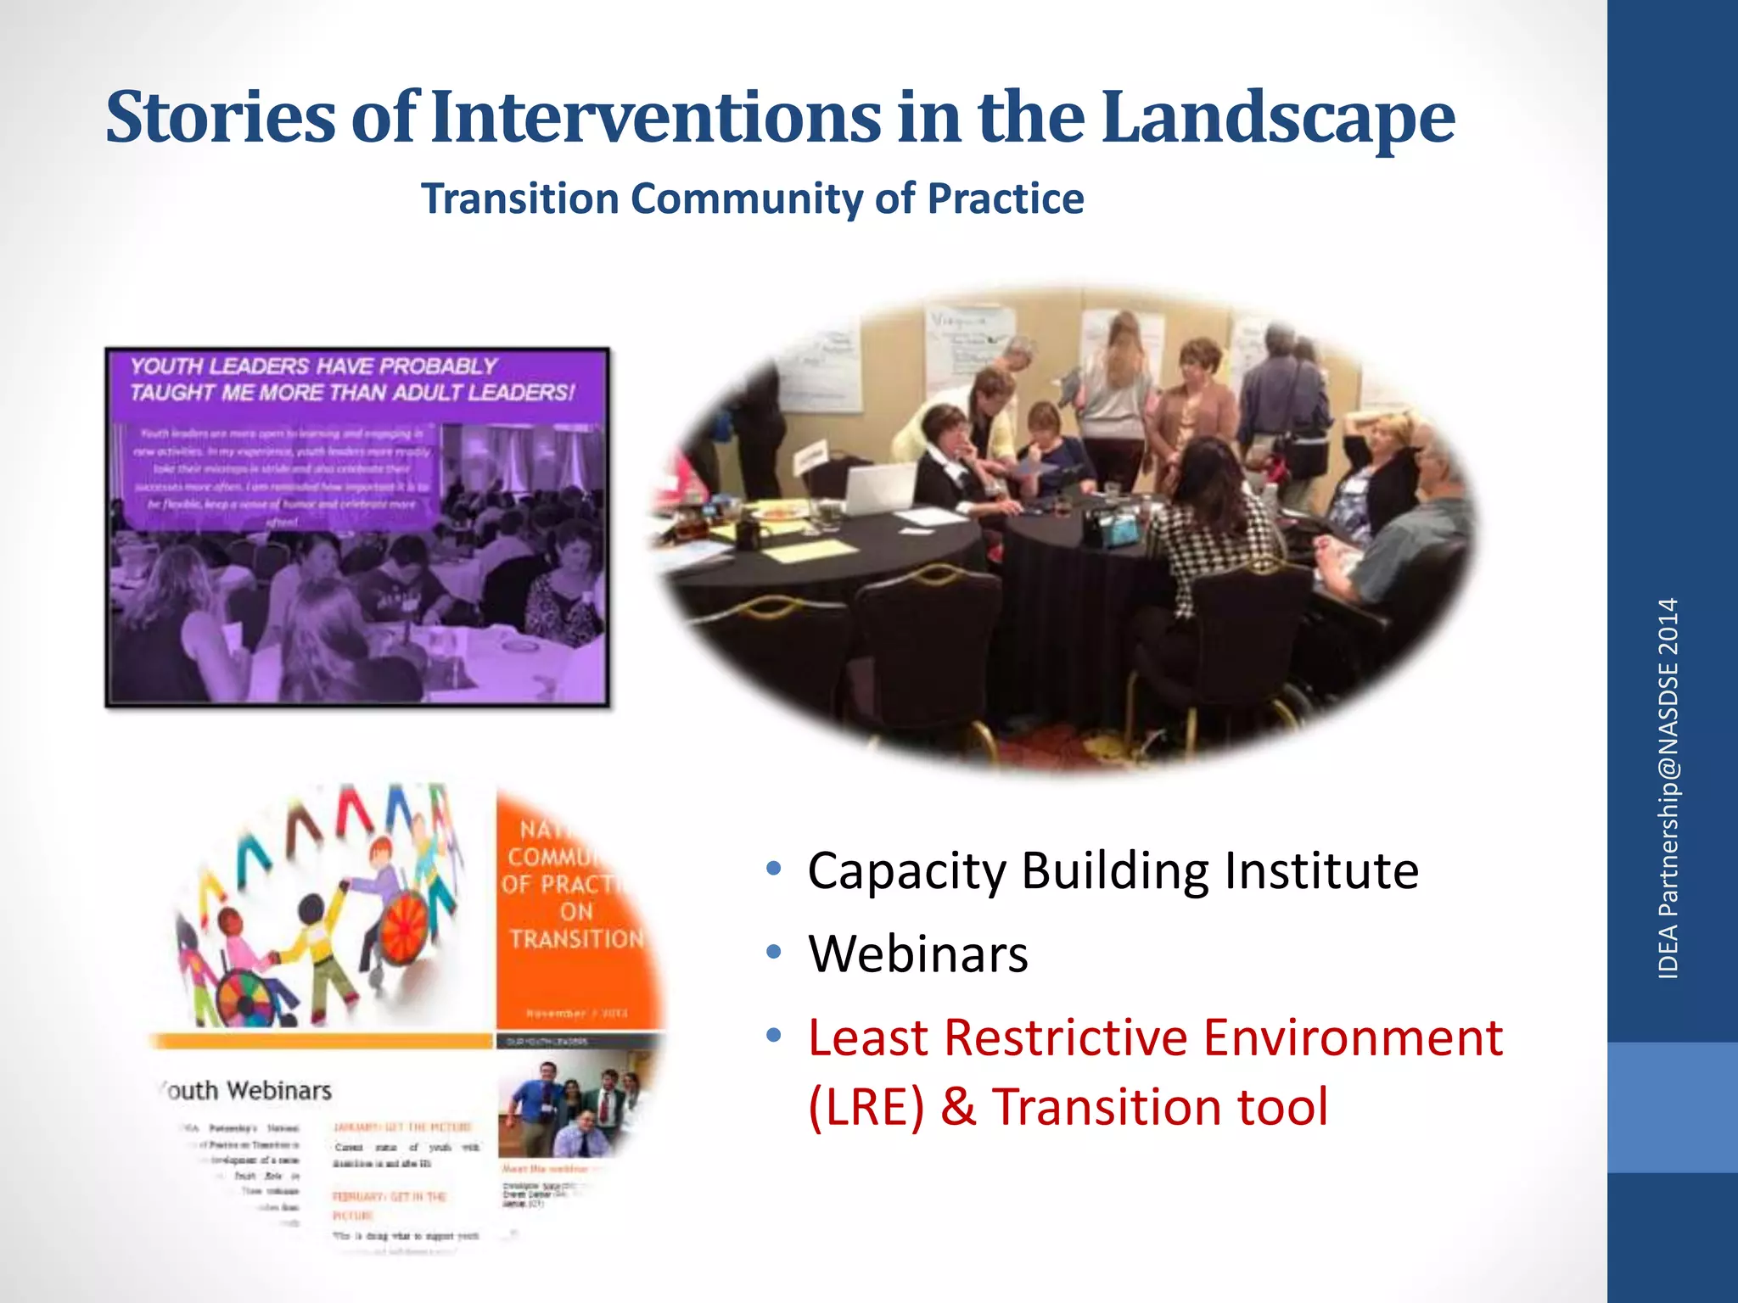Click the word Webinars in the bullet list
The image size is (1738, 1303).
click(918, 953)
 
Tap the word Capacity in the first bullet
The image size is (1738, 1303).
click(906, 872)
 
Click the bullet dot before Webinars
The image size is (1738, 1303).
click(773, 952)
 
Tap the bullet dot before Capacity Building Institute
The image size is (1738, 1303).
click(773, 869)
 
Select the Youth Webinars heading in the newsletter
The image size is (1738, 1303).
click(246, 1090)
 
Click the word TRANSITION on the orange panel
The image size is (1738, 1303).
click(577, 939)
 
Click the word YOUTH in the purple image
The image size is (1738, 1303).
click(165, 366)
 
